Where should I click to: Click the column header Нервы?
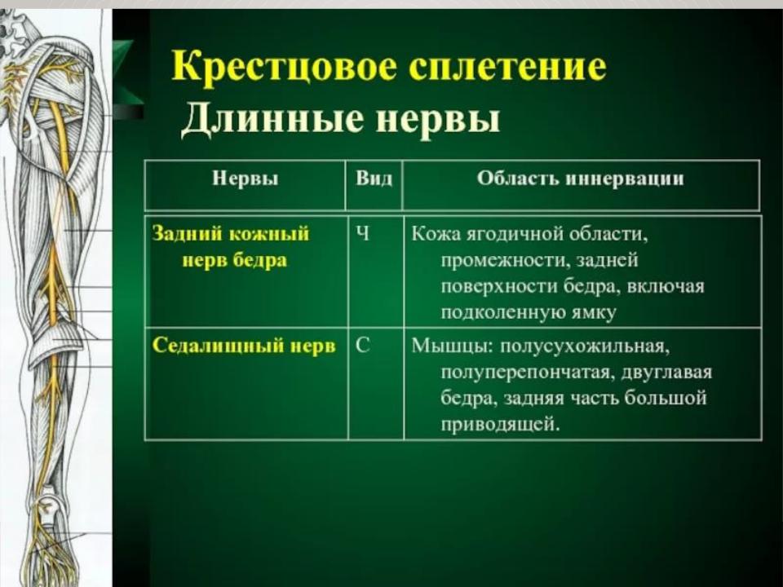(x=246, y=179)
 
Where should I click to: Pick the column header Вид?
(x=374, y=179)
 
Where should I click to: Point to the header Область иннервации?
(x=580, y=179)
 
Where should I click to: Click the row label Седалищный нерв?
(x=244, y=346)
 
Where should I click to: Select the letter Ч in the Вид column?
(x=363, y=233)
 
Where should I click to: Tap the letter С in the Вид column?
(x=363, y=346)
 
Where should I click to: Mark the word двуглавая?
(x=666, y=373)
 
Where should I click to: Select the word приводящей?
(x=500, y=425)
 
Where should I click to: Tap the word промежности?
(x=504, y=260)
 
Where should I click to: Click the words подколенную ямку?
(x=529, y=313)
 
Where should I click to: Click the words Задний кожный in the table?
(x=231, y=234)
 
